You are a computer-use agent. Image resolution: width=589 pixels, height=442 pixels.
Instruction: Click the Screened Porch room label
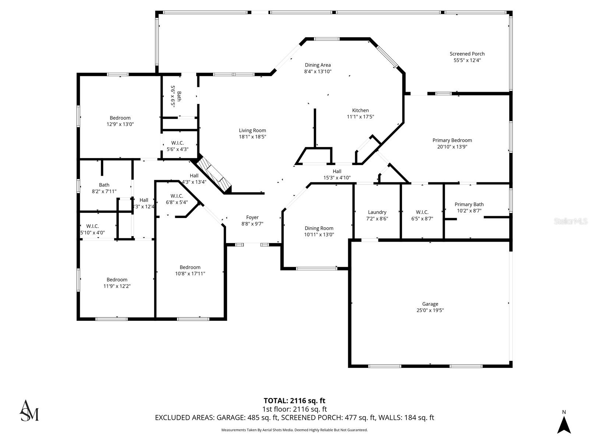coord(467,54)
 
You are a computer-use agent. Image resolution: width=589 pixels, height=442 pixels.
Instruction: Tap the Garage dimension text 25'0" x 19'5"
coord(430,310)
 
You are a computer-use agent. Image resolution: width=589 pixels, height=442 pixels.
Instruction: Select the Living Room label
coord(252,130)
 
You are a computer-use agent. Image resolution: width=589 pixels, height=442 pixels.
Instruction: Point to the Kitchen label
coord(360,110)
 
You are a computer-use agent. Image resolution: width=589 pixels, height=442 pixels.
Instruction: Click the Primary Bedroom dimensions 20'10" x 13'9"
coord(452,147)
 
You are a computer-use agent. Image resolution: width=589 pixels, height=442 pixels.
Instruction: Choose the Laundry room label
coord(377,212)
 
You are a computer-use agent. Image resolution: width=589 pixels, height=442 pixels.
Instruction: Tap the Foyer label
coord(252,217)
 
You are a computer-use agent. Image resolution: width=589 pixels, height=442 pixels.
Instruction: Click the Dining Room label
coord(319,228)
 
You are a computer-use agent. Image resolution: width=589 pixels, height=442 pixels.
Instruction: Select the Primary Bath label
coord(469,204)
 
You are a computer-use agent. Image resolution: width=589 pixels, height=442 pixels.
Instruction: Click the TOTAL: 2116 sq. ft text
coord(294,400)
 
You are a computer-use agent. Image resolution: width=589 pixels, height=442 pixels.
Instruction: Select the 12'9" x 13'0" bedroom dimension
coord(120,124)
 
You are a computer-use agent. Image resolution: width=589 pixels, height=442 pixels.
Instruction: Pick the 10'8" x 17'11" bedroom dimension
coord(190,274)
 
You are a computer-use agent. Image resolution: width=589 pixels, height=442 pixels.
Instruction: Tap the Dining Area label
coord(317,65)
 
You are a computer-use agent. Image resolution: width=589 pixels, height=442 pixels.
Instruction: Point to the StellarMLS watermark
coord(570,221)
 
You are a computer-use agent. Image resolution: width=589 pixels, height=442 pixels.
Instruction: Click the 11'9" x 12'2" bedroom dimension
coord(117,286)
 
